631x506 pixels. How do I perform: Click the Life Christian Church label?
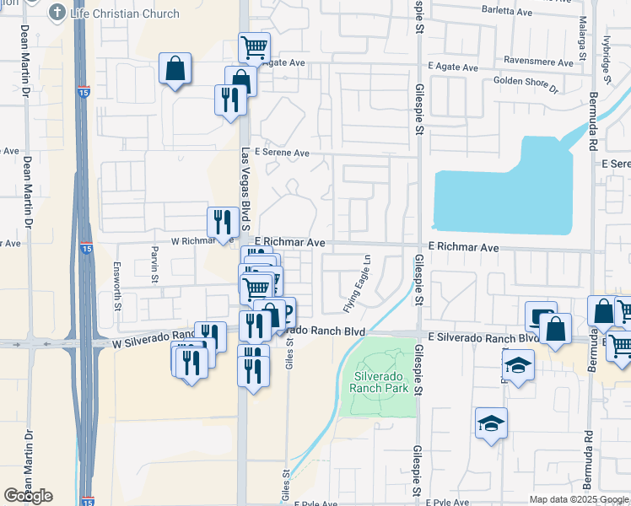click(x=125, y=13)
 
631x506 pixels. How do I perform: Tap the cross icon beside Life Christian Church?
click(x=57, y=12)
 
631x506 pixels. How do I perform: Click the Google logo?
click(x=28, y=496)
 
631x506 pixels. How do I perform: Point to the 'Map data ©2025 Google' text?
click(x=579, y=499)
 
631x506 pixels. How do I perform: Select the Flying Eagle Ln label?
click(x=356, y=283)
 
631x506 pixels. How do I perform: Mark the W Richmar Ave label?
click(x=202, y=241)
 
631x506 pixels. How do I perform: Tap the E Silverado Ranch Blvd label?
click(x=483, y=338)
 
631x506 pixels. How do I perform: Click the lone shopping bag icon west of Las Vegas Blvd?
click(x=175, y=69)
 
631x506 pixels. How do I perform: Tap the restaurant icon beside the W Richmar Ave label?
click(x=223, y=221)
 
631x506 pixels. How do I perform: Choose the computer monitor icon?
click(x=541, y=316)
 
